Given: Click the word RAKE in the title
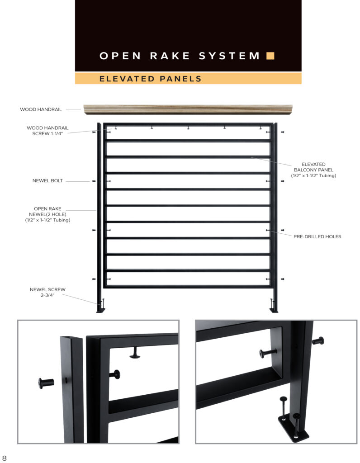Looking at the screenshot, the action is [x=170, y=56].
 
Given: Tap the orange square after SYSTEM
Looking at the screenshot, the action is [x=270, y=56].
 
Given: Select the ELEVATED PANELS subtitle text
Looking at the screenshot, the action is [x=150, y=79].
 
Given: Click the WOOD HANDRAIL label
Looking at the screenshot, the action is [x=41, y=109].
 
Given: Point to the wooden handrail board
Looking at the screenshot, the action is [x=188, y=109].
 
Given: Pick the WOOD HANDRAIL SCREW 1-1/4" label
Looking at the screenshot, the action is [x=47, y=131].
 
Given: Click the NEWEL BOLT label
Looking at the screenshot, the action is [x=47, y=181].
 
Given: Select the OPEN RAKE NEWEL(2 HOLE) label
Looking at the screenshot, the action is [x=47, y=212].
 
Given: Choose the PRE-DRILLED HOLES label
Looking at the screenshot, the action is [x=317, y=236].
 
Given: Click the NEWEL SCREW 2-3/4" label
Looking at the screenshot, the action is [x=47, y=292].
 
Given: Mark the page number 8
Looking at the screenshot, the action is [x=5, y=458].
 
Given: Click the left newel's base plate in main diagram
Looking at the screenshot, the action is [x=101, y=310].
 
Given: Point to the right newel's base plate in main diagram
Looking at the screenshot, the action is [x=274, y=310].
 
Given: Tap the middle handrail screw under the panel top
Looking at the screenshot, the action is [x=188, y=128].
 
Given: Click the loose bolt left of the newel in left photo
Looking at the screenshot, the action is [x=46, y=383].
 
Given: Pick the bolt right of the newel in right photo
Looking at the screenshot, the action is [x=318, y=341].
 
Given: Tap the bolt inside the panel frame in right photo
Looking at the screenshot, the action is [x=268, y=353].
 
